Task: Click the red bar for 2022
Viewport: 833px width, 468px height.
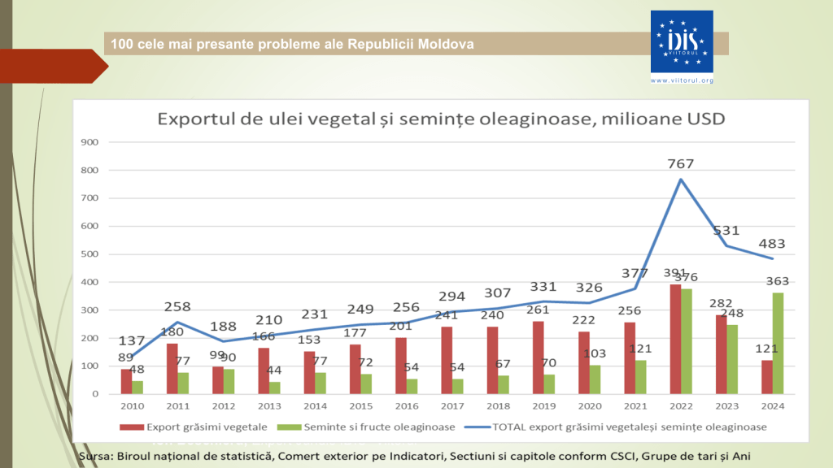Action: (x=675, y=339)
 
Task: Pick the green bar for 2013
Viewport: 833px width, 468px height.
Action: (x=274, y=388)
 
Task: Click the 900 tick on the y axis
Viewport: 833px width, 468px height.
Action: (x=90, y=142)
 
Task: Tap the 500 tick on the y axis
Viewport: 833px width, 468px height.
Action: (x=90, y=254)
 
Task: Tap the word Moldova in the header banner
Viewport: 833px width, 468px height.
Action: (x=447, y=43)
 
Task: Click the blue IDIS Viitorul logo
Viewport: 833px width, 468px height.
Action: (x=682, y=41)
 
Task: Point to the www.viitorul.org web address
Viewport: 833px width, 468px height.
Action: (x=682, y=80)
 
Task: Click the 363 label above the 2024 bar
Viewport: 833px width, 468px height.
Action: (x=776, y=282)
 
